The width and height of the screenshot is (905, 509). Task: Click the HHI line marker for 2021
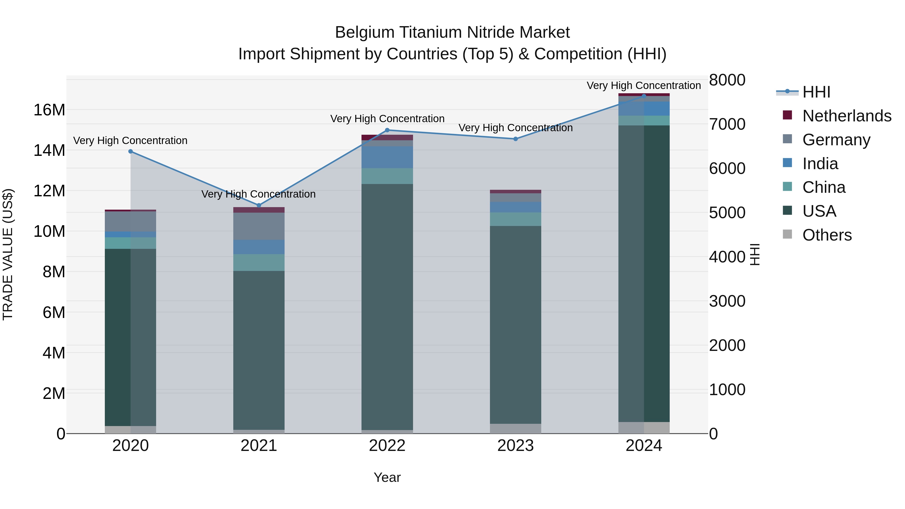259,205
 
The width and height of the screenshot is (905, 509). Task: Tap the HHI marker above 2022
387,130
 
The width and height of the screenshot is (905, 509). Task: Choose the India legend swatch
787,163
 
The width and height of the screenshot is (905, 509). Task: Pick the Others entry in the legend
827,235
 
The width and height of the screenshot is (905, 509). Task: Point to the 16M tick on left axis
49,110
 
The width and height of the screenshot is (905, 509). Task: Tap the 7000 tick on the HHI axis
727,124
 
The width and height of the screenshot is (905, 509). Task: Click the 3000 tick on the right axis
727,301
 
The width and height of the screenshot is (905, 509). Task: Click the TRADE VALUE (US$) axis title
8,254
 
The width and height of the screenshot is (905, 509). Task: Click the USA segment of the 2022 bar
387,306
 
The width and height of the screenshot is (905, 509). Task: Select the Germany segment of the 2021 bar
259,226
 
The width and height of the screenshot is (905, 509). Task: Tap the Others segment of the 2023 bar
515,429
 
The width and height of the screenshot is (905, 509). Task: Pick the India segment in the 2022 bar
387,157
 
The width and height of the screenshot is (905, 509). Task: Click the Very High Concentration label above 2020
130,141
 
